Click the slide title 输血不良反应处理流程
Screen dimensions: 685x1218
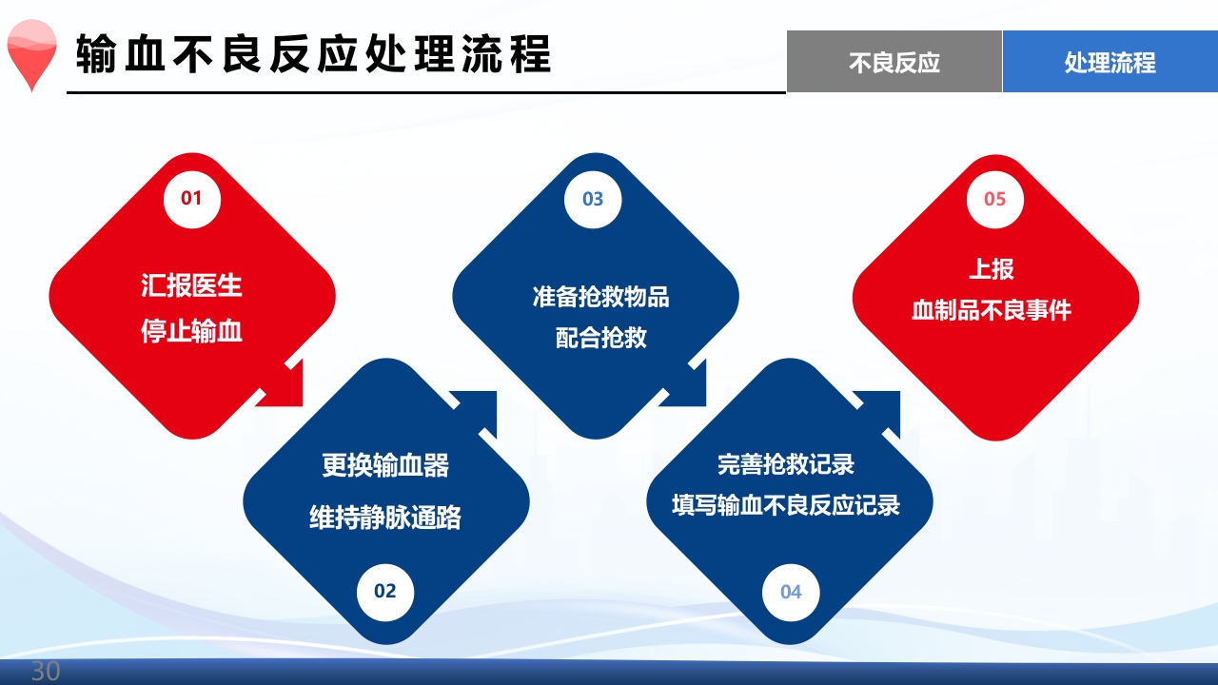(314, 54)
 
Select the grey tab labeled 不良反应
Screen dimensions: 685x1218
(894, 62)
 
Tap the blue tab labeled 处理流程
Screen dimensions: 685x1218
(1110, 62)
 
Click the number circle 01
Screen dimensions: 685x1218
(192, 199)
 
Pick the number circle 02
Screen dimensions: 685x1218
(384, 591)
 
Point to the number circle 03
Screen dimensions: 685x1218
(593, 199)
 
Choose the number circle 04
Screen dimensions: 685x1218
(791, 592)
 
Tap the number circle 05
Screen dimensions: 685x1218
(994, 199)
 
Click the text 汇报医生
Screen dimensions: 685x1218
(192, 285)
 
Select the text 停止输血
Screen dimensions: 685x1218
(192, 331)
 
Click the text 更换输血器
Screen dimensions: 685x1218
(385, 465)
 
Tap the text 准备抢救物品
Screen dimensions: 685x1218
(600, 296)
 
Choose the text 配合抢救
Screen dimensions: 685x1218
(600, 338)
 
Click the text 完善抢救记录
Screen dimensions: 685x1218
(786, 463)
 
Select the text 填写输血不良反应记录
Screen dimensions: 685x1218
(786, 505)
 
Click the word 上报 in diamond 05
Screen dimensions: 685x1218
(992, 269)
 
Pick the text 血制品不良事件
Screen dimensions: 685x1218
(992, 311)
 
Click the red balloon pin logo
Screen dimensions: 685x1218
(31, 56)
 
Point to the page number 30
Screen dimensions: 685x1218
(46, 671)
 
